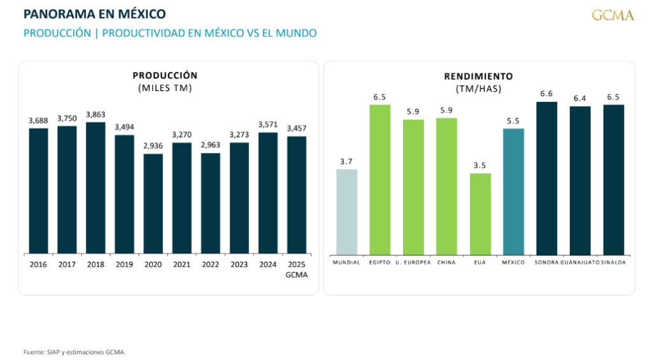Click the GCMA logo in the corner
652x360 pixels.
[x=613, y=15]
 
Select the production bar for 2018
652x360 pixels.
[x=96, y=188]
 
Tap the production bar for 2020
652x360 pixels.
[x=153, y=204]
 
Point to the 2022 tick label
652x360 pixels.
[x=210, y=263]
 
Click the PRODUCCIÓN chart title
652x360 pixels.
[x=165, y=75]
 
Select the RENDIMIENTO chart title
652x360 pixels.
[x=478, y=76]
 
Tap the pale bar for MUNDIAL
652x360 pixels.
[x=346, y=212]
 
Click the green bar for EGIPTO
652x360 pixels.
[x=380, y=179]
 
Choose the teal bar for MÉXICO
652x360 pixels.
[x=513, y=191]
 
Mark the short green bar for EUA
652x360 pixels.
[x=480, y=213]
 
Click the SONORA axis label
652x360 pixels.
[x=546, y=263]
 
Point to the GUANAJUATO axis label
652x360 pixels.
[x=579, y=263]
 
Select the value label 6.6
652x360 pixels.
[x=546, y=94]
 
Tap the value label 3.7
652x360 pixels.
[x=346, y=162]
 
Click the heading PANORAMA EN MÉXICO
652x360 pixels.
[x=94, y=13]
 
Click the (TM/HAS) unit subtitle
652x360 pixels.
[x=478, y=89]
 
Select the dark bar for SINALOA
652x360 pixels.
[x=613, y=180]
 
